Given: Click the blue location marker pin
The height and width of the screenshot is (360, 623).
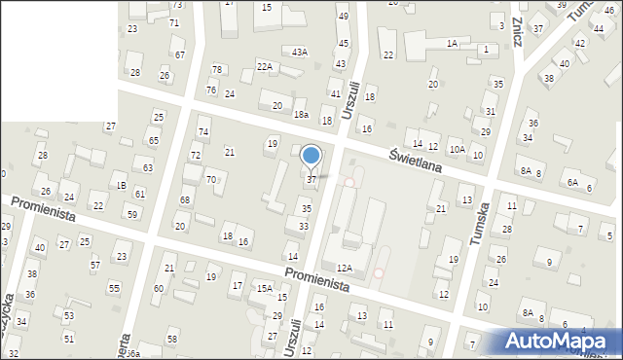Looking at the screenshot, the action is [311, 156].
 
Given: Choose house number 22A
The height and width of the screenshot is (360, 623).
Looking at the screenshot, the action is [265, 66].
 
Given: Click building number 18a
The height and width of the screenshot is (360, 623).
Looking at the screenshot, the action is [302, 115].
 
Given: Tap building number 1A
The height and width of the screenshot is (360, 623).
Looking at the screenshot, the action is [452, 44].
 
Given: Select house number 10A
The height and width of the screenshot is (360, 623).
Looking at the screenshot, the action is [457, 149].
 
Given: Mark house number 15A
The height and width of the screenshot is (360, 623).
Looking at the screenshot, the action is [264, 288].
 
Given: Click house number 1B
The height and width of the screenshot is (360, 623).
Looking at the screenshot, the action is [121, 185].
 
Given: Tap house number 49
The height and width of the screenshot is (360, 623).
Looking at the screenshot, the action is [343, 17].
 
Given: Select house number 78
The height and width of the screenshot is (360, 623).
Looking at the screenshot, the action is [217, 69].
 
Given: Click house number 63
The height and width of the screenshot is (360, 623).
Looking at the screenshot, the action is [148, 168].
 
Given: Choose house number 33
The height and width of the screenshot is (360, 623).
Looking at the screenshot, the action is [304, 227].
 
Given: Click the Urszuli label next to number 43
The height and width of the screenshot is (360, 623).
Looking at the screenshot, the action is [351, 99].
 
